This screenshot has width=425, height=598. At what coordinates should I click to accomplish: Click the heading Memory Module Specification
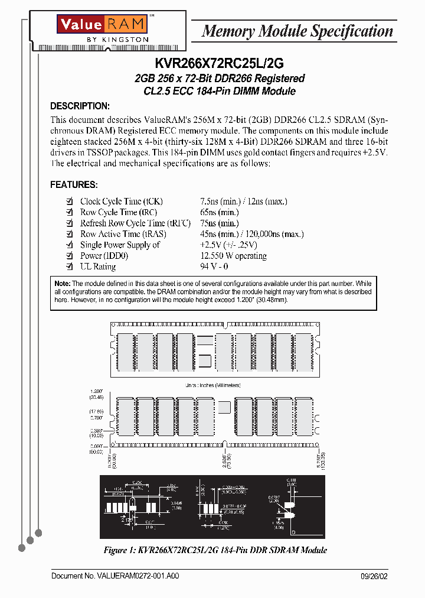click(297, 31)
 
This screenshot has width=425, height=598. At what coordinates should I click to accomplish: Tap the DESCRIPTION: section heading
click(80, 106)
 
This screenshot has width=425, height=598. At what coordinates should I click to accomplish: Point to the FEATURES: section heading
click(74, 184)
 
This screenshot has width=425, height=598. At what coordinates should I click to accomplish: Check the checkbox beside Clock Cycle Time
click(70, 201)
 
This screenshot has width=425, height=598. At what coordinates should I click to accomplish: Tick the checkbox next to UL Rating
click(70, 266)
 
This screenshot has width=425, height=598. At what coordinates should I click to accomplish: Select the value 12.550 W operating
click(233, 256)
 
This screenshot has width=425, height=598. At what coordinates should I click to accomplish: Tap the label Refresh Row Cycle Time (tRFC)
click(135, 223)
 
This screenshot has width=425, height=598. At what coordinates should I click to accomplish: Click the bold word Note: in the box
click(63, 284)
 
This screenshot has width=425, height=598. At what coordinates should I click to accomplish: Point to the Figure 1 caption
click(215, 550)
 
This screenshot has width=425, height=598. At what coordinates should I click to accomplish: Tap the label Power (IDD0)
click(104, 256)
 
